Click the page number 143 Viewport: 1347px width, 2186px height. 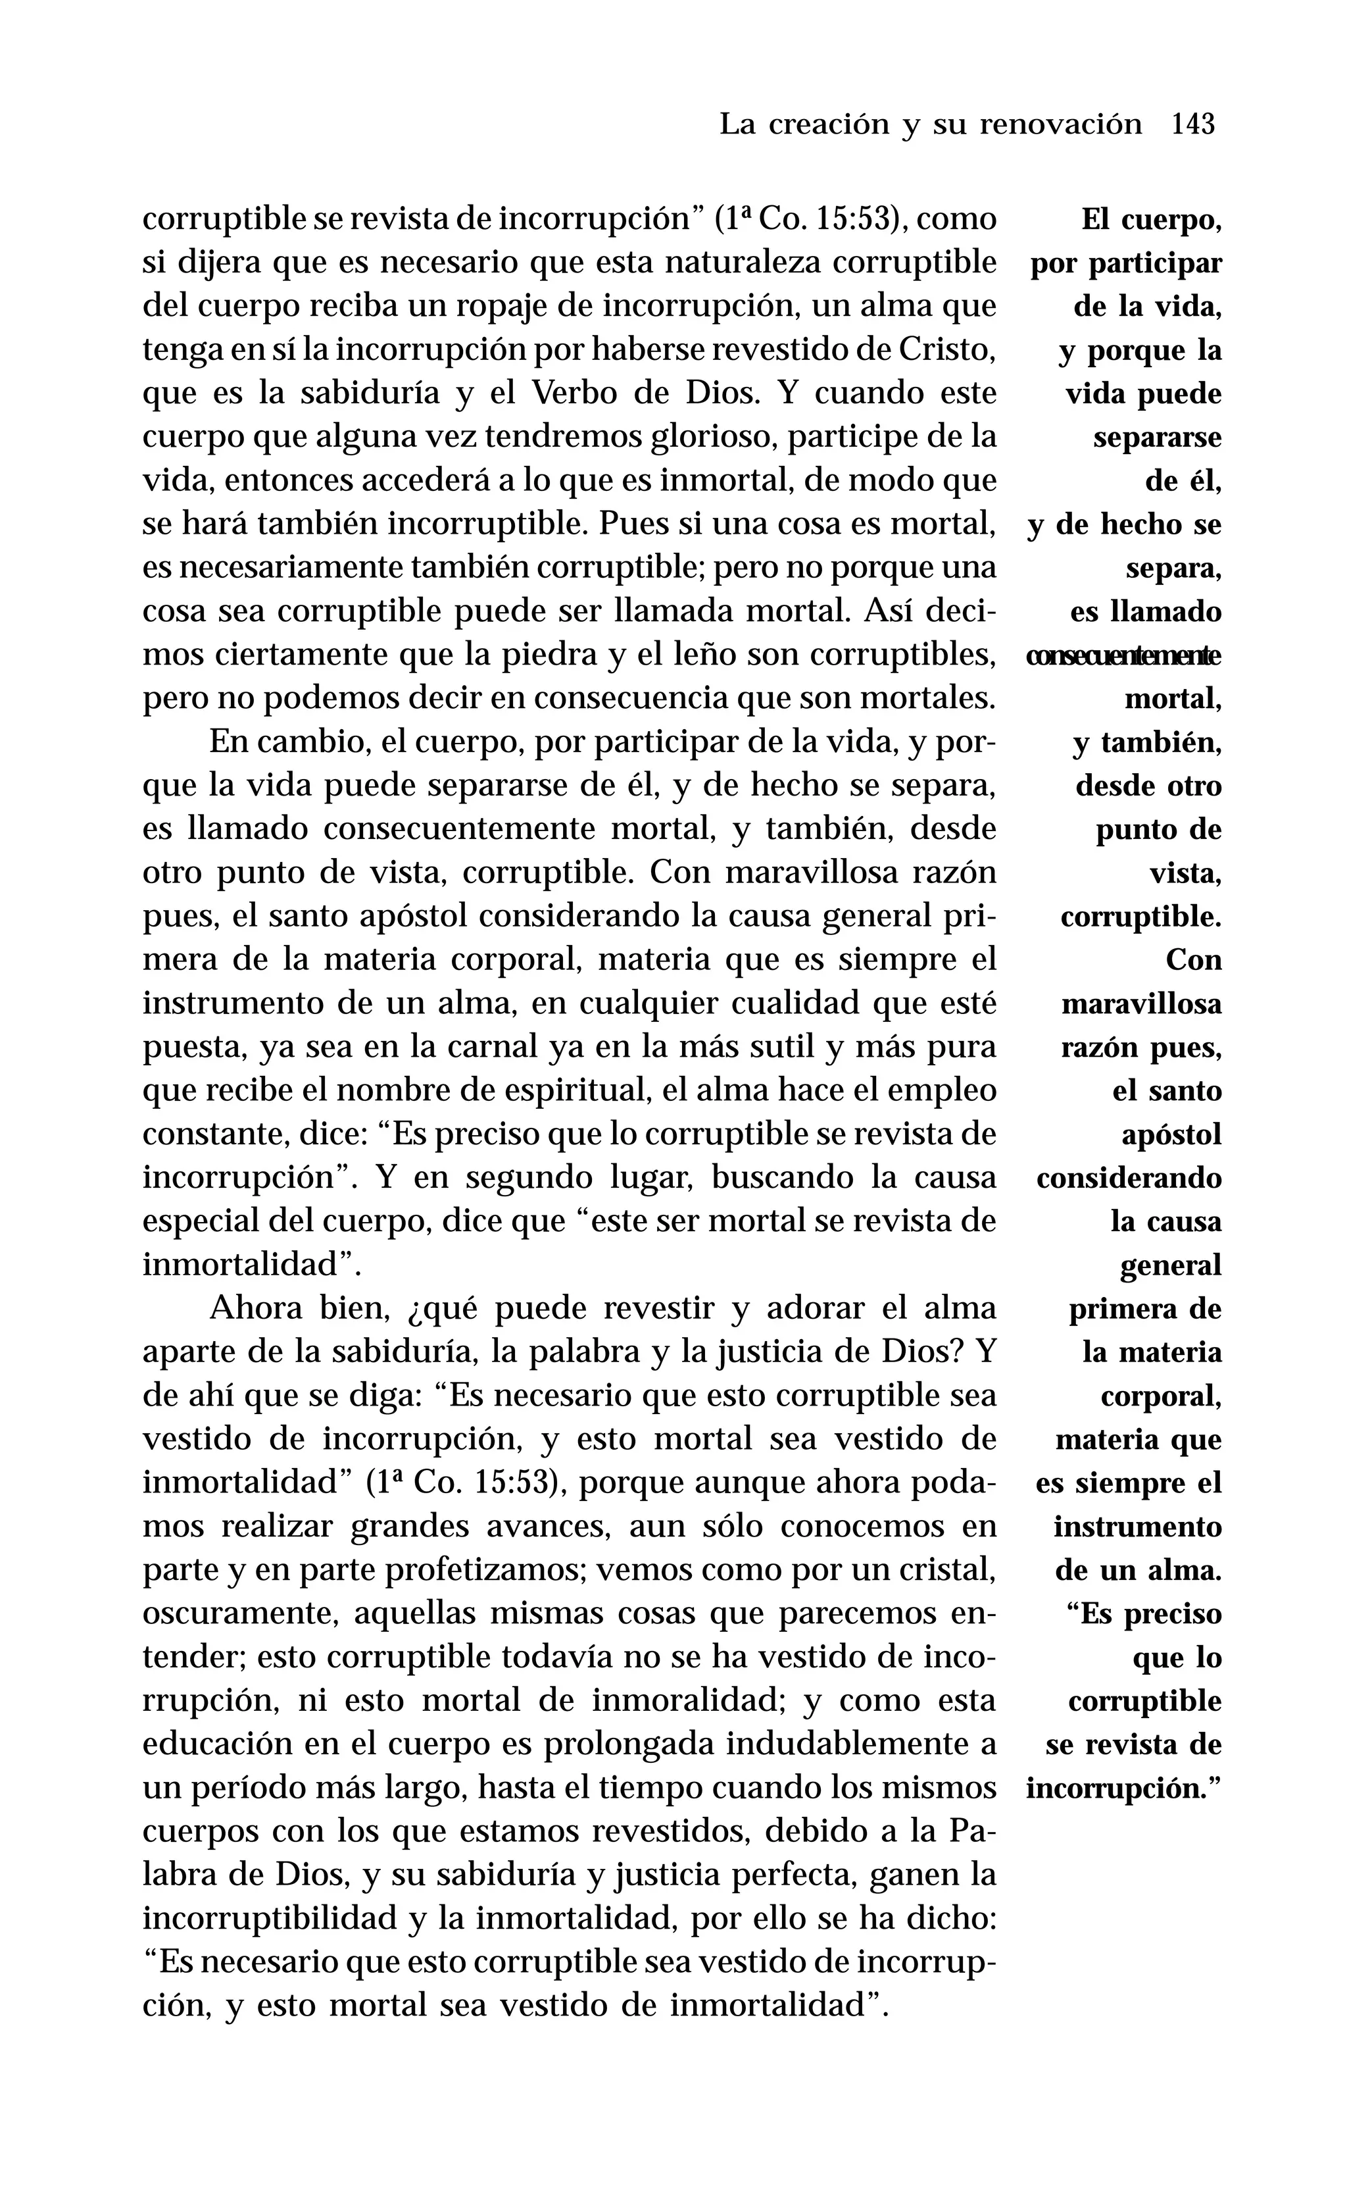1193,124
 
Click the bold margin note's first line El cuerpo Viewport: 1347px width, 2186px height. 1151,219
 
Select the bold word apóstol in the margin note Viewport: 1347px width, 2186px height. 1171,1135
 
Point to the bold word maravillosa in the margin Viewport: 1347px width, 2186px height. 1141,1004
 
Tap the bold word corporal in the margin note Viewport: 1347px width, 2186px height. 1161,1396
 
